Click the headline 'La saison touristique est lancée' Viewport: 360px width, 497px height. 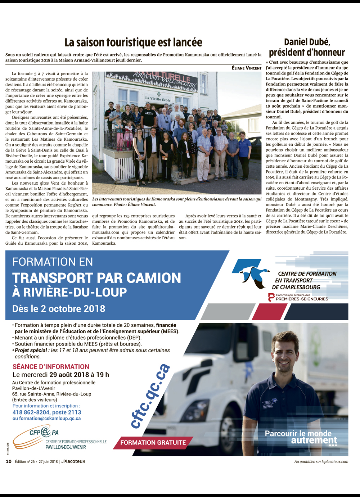[133, 42]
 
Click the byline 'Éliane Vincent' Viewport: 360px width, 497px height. [246, 68]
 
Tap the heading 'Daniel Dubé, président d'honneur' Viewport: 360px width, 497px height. [307, 48]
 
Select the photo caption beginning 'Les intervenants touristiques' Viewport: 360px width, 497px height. [176, 202]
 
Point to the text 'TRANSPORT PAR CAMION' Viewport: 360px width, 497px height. [96, 278]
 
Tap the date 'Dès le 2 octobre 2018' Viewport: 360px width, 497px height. [59, 309]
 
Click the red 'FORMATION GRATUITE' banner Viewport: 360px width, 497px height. [153, 443]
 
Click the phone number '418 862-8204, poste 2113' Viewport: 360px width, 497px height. [47, 412]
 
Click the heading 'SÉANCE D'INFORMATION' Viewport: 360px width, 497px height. [51, 367]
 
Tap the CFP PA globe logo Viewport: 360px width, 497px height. [46, 431]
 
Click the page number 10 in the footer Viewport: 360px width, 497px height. [9, 461]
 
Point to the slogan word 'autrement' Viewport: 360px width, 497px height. [314, 440]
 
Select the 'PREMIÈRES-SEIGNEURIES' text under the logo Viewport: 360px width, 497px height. [302, 299]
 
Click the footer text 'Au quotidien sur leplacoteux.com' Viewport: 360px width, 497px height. [321, 462]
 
